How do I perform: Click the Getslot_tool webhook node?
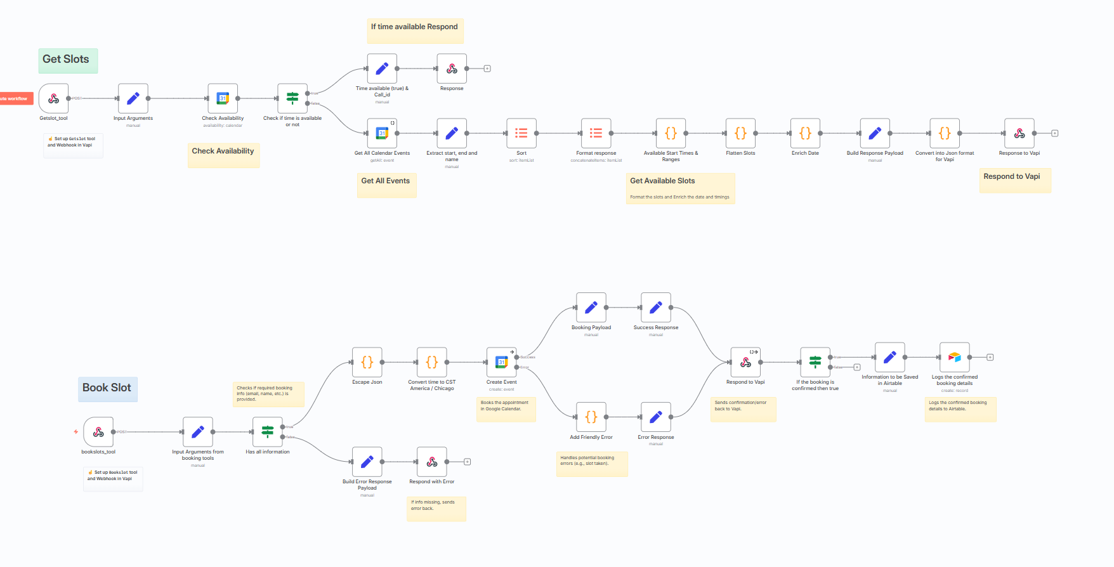click(54, 99)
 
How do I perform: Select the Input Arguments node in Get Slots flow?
click(133, 99)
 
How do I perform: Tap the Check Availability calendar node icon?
click(223, 99)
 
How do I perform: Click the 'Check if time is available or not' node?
click(292, 99)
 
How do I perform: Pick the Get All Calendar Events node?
click(382, 133)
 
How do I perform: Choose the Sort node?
click(521, 133)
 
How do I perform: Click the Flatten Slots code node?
click(740, 133)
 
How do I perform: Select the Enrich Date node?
click(805, 133)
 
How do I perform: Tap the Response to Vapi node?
click(1019, 133)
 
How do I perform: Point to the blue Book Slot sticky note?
click(107, 388)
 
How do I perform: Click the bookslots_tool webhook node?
click(98, 433)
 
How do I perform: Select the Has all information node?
click(268, 433)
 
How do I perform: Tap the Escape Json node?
click(367, 363)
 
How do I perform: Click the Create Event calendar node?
click(502, 363)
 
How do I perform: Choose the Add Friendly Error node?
click(591, 417)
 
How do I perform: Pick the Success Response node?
click(656, 308)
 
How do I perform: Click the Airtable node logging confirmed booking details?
click(955, 358)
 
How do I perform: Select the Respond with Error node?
click(432, 462)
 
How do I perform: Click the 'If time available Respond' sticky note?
click(415, 30)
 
